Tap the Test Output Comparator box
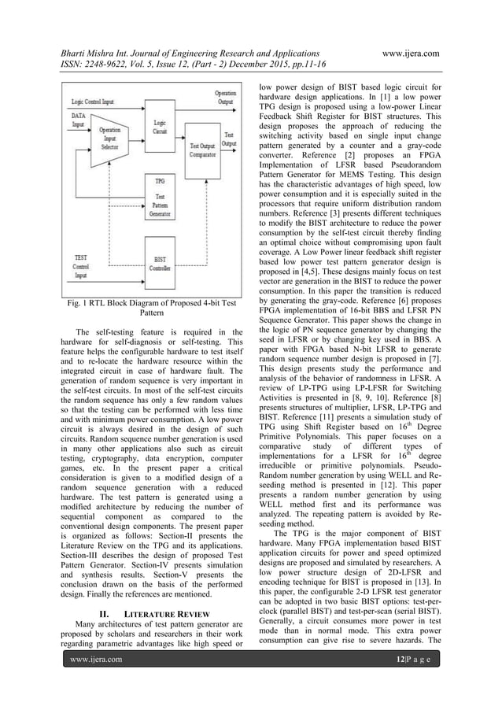[204, 149]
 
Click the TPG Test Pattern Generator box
[160, 198]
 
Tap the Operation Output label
[224, 97]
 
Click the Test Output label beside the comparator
[229, 139]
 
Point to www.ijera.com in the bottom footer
[98, 692]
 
